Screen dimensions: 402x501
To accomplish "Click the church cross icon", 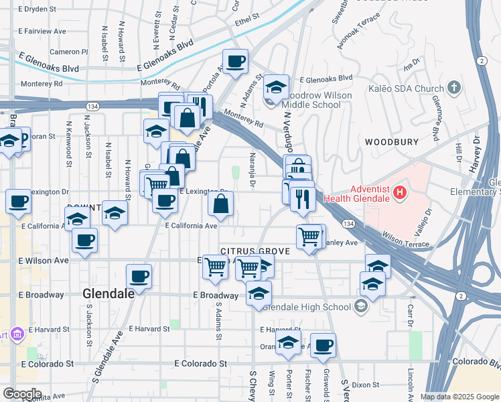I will (454, 88).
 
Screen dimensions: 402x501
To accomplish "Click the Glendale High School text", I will (307, 308).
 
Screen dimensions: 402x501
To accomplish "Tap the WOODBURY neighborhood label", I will (392, 142).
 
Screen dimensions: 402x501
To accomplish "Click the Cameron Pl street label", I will (68, 52).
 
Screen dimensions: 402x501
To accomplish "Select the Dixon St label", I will (365, 385).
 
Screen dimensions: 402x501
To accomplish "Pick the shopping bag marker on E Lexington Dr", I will (221, 203).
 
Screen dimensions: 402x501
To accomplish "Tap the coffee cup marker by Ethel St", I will (235, 62).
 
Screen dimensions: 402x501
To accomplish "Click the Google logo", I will (21, 394).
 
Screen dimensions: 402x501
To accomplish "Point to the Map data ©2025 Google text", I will (459, 397).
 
